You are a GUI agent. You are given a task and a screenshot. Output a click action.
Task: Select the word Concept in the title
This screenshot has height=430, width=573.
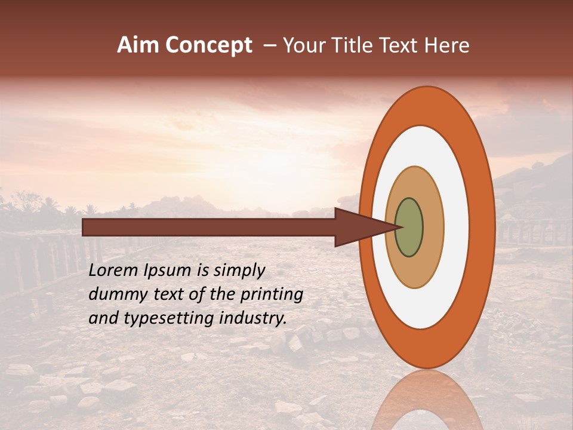tap(209, 45)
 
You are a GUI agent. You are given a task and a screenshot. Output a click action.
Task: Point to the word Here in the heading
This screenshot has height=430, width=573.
tap(447, 45)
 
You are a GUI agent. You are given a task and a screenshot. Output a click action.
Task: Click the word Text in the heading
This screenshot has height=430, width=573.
tap(401, 45)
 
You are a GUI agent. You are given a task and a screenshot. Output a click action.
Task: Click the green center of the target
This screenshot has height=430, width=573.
tap(409, 227)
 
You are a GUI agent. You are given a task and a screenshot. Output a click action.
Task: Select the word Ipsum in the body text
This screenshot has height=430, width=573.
tap(168, 271)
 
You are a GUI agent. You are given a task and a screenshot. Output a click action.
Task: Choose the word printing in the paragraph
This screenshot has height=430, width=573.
tap(272, 295)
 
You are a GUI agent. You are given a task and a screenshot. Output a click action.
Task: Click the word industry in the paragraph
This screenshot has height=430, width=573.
tap(252, 318)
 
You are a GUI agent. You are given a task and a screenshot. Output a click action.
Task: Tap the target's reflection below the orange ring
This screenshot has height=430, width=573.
tap(426, 400)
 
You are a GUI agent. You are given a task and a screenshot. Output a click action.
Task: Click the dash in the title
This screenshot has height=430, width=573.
tap(270, 46)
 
